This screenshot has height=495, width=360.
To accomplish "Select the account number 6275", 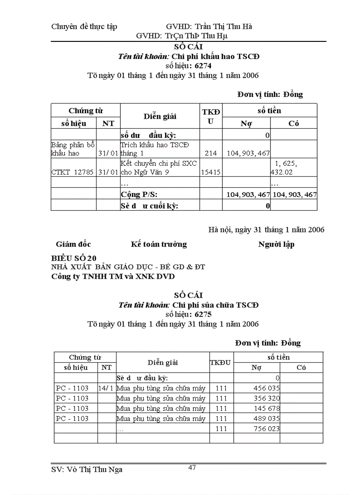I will tap(202, 314).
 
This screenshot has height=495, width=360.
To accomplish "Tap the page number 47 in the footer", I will tap(192, 468).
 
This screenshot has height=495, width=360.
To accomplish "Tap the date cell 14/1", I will tap(106, 388).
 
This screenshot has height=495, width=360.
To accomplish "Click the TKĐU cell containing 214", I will tap(211, 153).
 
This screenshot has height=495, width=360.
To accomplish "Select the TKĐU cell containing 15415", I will tap(211, 172).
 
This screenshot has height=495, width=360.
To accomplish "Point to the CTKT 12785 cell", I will tap(72, 172).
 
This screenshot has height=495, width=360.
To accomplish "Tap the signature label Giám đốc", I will tap(73, 244).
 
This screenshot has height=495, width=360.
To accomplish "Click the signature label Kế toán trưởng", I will tap(159, 244).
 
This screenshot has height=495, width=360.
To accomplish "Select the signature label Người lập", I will tap(276, 244).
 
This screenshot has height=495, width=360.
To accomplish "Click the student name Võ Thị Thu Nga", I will tap(87, 469).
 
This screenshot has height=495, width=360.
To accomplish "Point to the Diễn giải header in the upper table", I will tap(160, 116).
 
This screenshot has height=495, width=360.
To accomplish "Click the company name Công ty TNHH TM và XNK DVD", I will tap(113, 276).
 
